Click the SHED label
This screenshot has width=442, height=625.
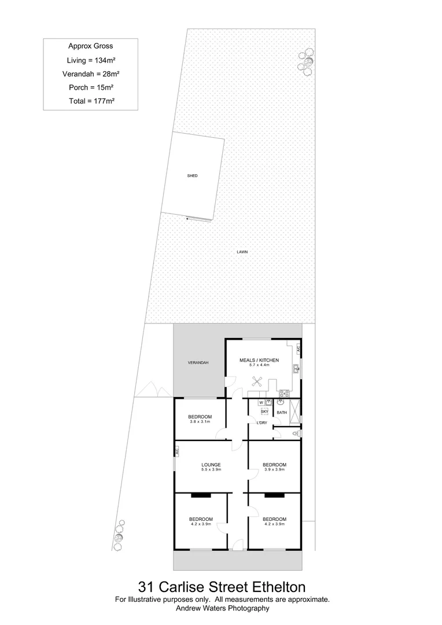click(x=193, y=175)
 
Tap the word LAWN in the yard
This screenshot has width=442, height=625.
click(x=242, y=252)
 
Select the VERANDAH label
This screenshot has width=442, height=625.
click(x=198, y=363)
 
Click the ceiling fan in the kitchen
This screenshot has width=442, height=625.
click(x=259, y=382)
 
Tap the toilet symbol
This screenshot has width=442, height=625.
click(x=297, y=433)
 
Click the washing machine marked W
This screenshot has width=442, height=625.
click(x=261, y=402)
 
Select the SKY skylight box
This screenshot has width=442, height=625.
click(x=265, y=411)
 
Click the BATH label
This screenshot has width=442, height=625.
click(x=282, y=413)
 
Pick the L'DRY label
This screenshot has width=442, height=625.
click(x=261, y=424)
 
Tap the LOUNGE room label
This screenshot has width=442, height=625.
click(x=211, y=465)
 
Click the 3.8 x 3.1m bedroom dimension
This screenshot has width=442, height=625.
click(x=200, y=422)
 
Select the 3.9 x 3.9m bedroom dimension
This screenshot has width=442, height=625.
click(x=274, y=469)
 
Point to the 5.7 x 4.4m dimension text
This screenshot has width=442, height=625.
click(x=259, y=365)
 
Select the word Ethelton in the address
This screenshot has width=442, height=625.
click(x=272, y=588)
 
